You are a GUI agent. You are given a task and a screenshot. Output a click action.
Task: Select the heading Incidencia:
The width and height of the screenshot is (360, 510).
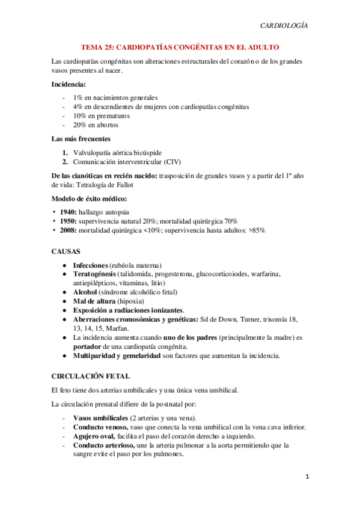pyautogui.click(x=69, y=84)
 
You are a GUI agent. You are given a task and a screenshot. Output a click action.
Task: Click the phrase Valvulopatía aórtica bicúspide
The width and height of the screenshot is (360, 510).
pyautogui.click(x=117, y=152)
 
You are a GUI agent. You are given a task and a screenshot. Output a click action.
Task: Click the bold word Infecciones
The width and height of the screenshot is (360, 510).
pyautogui.click(x=90, y=265)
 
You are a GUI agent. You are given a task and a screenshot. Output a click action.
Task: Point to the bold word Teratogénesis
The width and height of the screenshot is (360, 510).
pyautogui.click(x=94, y=274)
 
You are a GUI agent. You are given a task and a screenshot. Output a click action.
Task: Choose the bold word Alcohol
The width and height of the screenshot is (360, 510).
pyautogui.click(x=85, y=292)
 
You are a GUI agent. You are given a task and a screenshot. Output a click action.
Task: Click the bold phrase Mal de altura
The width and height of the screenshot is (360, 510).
pyautogui.click(x=94, y=301)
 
